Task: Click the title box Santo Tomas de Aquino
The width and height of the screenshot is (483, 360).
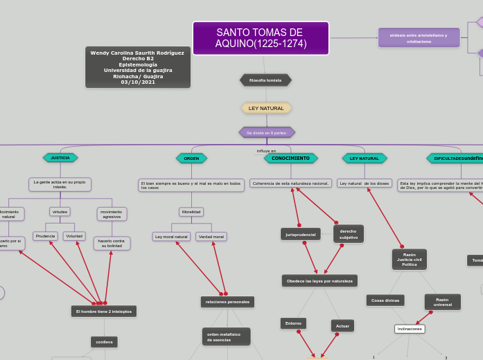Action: click(260, 38)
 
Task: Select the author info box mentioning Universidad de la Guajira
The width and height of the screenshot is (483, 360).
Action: click(137, 67)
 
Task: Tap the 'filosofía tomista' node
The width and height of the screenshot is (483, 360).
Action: click(265, 80)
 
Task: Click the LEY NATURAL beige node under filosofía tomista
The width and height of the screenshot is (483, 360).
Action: click(266, 109)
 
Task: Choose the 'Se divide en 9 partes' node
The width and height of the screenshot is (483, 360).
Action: click(267, 132)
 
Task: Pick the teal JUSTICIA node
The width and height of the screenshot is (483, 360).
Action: click(60, 158)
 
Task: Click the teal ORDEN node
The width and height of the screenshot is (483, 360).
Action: click(191, 159)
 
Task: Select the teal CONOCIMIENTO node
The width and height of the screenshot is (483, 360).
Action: click(290, 159)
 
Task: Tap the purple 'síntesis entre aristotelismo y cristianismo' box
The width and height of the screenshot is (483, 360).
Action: click(419, 38)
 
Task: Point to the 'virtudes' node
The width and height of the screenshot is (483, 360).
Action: click(60, 212)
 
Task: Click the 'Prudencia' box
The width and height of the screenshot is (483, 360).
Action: click(45, 236)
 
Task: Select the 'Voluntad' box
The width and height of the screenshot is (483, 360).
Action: click(74, 236)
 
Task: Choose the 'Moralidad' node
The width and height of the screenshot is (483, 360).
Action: click(191, 212)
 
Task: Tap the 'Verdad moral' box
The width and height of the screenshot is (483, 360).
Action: click(211, 237)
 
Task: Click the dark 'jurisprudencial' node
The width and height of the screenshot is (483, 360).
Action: click(301, 235)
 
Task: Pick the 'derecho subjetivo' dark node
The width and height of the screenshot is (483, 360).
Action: click(349, 234)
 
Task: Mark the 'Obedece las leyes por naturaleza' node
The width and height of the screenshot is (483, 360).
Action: click(319, 281)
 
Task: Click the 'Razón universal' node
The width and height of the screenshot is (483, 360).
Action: click(442, 302)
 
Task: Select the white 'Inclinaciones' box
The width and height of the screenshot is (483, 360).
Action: click(410, 329)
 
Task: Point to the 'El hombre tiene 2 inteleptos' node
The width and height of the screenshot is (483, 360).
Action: click(104, 312)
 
